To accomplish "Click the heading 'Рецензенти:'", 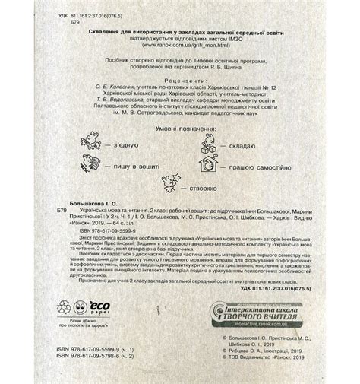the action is (x=180, y=79).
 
